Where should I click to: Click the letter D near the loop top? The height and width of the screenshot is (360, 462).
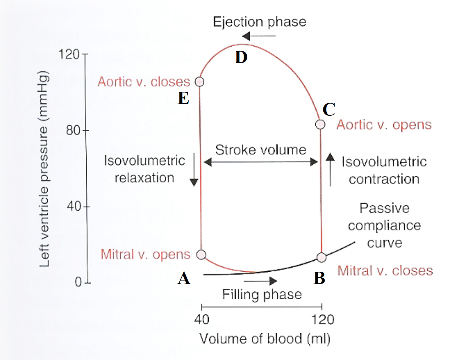(241, 57)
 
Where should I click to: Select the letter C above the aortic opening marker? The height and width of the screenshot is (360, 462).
(329, 110)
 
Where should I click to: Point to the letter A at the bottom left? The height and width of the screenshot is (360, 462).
(184, 279)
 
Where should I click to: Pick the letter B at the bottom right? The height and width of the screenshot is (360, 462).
(319, 279)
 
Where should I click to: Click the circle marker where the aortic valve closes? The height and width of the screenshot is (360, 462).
(199, 82)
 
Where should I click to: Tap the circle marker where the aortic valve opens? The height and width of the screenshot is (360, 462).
(320, 125)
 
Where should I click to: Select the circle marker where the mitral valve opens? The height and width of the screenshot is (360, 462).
(201, 255)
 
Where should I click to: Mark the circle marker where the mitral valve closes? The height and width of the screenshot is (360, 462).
(322, 257)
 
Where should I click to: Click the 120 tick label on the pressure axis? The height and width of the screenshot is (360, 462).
(69, 55)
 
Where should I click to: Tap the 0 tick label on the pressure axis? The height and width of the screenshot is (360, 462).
(78, 282)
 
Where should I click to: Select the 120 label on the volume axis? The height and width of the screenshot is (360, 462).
(322, 319)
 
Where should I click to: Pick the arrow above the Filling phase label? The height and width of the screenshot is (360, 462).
(260, 281)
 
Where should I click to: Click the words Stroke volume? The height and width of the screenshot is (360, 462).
(261, 149)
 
